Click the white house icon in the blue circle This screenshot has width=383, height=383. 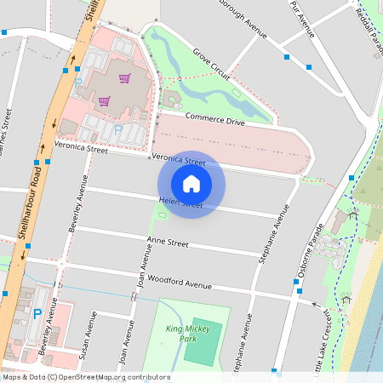(x=191, y=184)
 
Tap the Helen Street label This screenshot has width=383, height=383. (x=180, y=203)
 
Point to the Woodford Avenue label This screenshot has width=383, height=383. (x=179, y=282)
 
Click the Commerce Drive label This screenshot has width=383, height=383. (x=214, y=120)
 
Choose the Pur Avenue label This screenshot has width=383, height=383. (x=303, y=19)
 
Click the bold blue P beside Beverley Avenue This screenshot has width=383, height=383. (x=37, y=313)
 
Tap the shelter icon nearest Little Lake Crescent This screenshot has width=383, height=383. (x=346, y=299)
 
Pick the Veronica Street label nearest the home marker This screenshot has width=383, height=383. (x=179, y=161)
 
